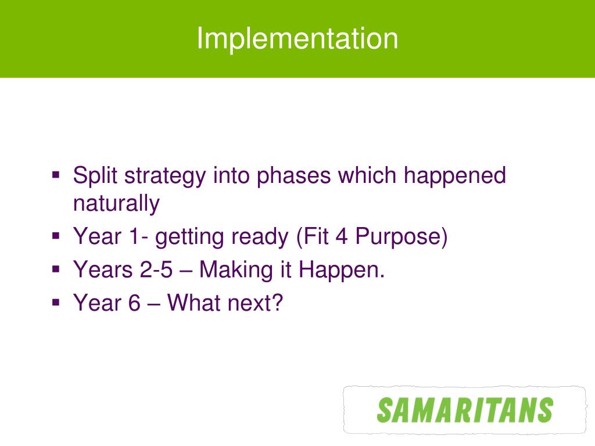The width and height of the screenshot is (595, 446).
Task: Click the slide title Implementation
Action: coord(297,39)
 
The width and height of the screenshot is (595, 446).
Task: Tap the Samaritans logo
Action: coord(465,410)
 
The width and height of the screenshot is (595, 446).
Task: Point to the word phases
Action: coord(293,177)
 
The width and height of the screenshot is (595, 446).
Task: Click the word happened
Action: coord(454,177)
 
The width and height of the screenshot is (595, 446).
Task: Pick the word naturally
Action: coord(116,204)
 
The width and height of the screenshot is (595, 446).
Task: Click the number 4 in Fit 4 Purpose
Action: coord(341,236)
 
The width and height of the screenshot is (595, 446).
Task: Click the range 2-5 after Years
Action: coord(156,270)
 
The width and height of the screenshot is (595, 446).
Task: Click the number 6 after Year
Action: coord(134,303)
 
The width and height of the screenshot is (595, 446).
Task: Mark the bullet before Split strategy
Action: coord(56,175)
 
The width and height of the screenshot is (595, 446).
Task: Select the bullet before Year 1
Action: coord(56,236)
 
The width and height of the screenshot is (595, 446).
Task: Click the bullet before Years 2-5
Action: coord(56,269)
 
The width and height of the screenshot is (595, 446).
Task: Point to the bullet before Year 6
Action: coord(56,303)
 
